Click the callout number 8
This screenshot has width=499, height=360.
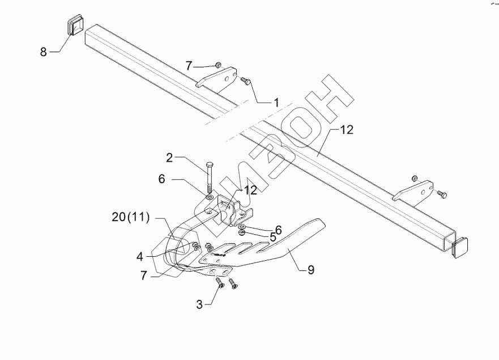coord(43,52)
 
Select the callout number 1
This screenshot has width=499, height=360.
coord(276,103)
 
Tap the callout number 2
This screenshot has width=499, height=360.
coord(169,158)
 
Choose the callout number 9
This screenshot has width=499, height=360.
coord(310,271)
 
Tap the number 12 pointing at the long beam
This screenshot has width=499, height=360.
coord(346,130)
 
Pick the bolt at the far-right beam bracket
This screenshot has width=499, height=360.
coord(442,195)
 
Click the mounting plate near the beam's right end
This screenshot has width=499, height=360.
coord(415,191)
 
